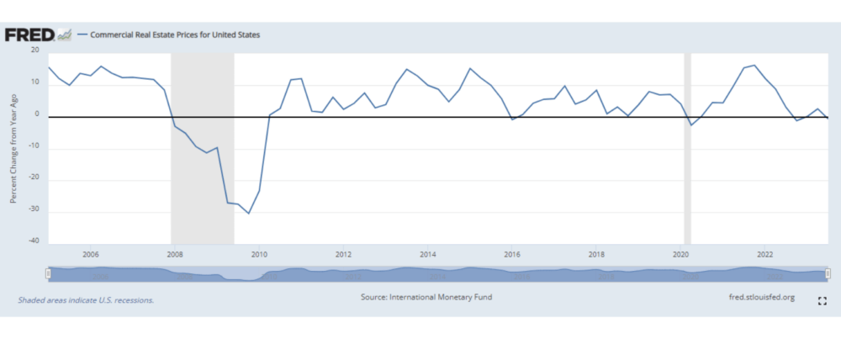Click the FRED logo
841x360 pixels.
tap(30, 34)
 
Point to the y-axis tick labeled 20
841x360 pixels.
tap(34, 50)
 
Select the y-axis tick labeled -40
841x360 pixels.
tap(34, 243)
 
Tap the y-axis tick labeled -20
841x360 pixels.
tap(34, 179)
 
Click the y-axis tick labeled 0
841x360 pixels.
tap(37, 115)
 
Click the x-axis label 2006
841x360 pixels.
tap(91, 254)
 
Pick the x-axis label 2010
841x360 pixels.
tap(259, 254)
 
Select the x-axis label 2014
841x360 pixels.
tap(428, 254)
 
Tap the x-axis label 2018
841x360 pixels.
tap(596, 254)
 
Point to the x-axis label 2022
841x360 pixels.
tap(765, 254)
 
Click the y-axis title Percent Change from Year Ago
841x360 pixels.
tap(13, 147)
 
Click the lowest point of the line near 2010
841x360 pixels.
tap(248, 213)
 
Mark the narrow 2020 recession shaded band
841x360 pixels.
tap(687, 147)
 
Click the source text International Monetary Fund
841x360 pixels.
tap(426, 298)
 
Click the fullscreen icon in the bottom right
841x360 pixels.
tap(822, 300)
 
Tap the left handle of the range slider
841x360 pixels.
tap(49, 273)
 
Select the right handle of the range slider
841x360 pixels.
tap(828, 273)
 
